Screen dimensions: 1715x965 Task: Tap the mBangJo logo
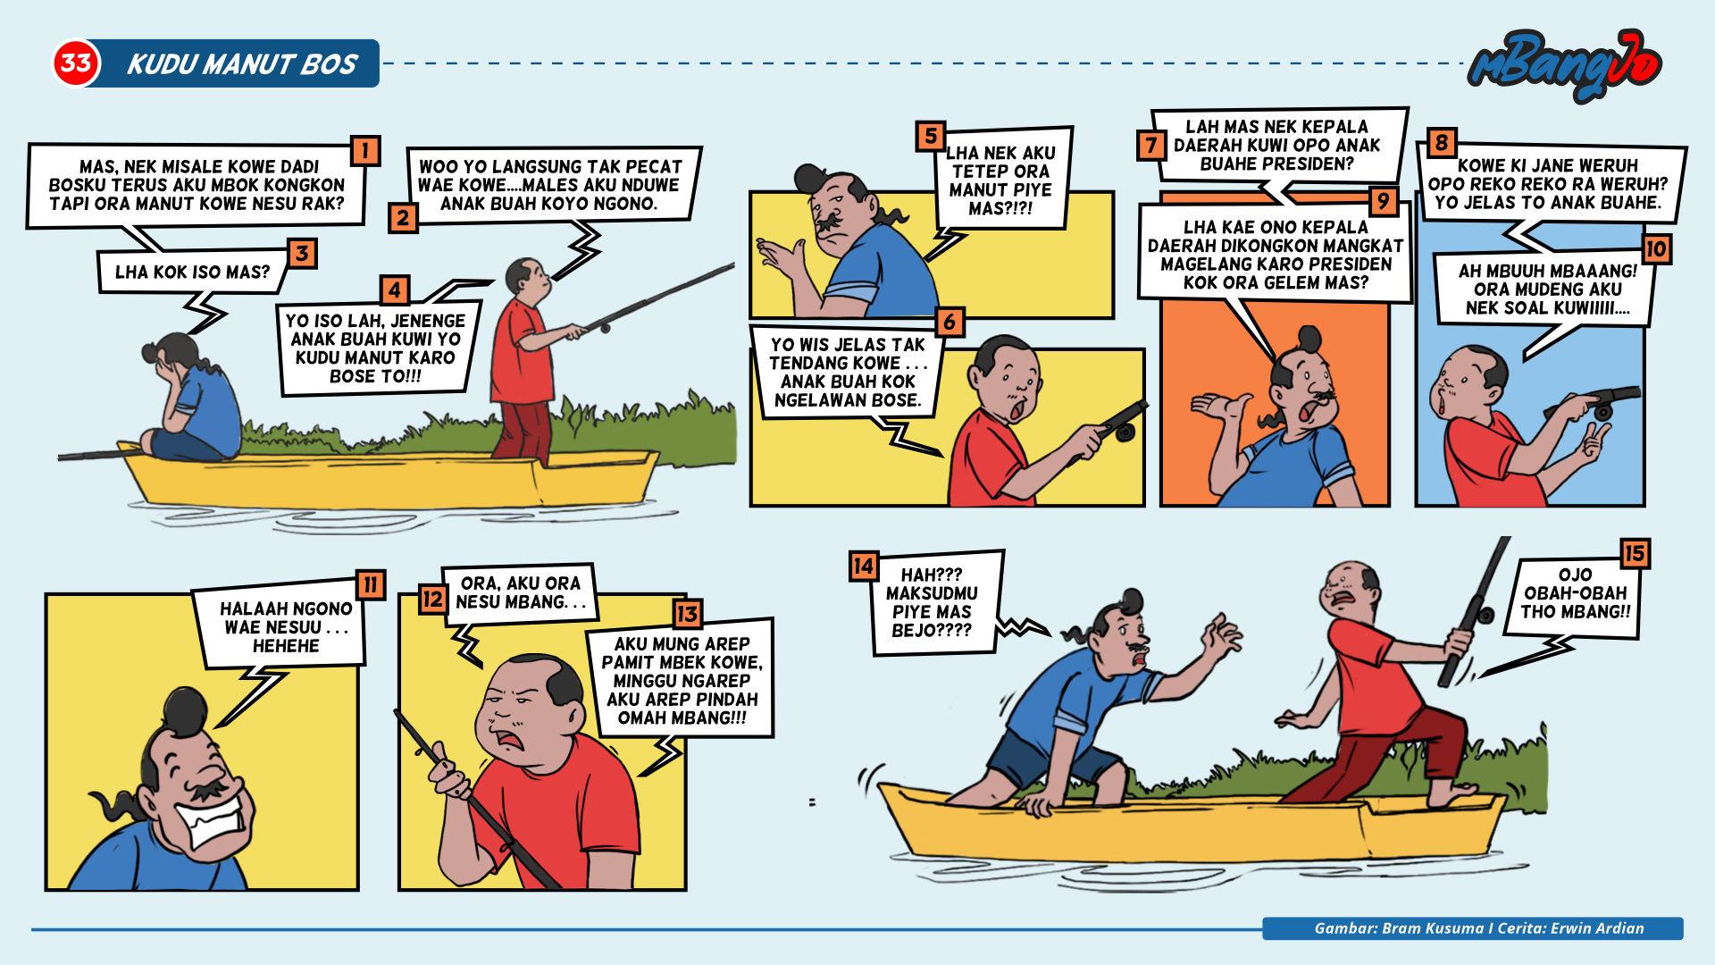(x=1565, y=65)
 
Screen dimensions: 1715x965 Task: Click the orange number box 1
(x=365, y=150)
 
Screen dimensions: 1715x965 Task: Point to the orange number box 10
(x=1655, y=248)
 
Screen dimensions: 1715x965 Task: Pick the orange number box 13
(x=688, y=614)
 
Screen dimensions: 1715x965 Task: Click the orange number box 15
(x=1634, y=554)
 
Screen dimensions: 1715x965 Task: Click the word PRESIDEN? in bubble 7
(x=1312, y=164)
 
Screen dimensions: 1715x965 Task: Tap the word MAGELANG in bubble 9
(x=1201, y=264)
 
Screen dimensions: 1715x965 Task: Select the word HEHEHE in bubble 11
(x=285, y=645)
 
